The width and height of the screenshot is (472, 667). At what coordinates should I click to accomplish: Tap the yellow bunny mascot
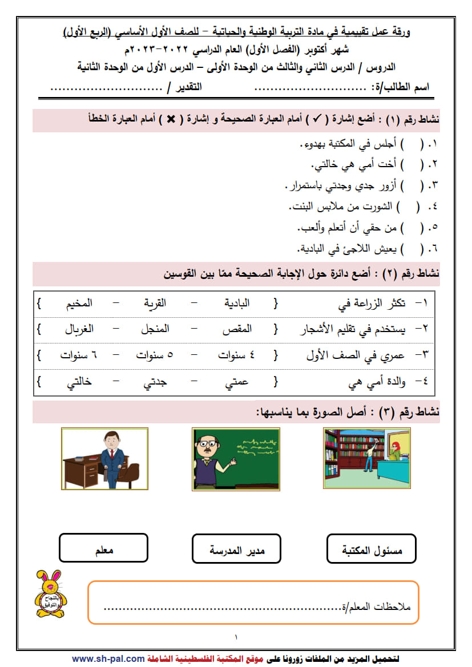[x=50, y=595]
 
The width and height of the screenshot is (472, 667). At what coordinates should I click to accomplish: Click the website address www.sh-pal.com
[x=108, y=658]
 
